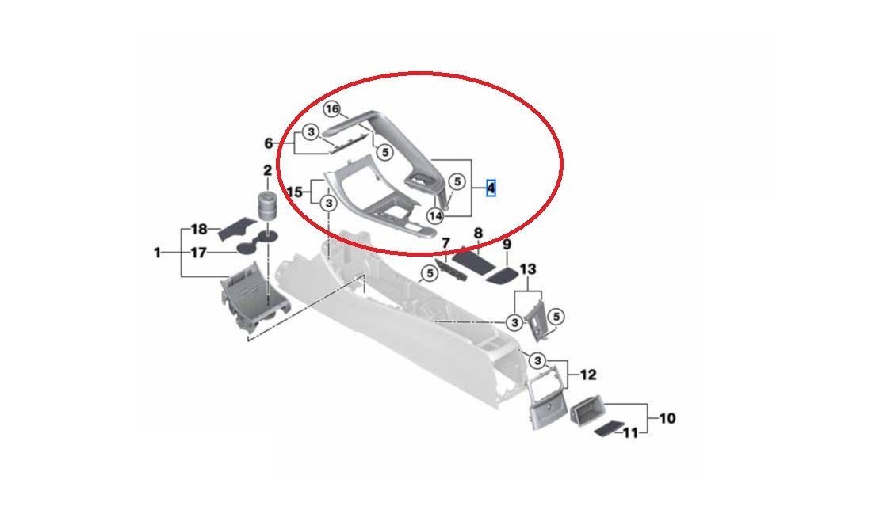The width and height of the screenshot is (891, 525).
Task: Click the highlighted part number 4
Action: point(491,188)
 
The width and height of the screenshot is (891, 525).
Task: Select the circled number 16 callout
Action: point(332,108)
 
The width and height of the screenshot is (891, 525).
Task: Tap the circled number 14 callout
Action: point(435,215)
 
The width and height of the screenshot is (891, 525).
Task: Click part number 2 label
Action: point(267,170)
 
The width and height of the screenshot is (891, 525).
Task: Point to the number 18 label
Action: point(199,230)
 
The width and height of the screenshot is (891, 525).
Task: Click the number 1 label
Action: point(158,253)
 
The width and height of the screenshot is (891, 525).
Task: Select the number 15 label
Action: point(294,192)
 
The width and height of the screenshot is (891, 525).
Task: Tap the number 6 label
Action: point(269,143)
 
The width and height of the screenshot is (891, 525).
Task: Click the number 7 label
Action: point(445,243)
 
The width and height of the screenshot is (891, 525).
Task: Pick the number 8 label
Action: point(478,233)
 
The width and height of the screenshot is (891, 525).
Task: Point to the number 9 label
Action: point(507,244)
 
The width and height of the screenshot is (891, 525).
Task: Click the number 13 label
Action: point(528,268)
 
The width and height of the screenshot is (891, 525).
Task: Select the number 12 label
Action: point(588,375)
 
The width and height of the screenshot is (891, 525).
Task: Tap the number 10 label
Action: point(667,418)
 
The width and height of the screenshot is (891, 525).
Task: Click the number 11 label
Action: point(630,433)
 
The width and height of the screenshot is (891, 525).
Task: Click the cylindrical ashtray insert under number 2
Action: point(266,206)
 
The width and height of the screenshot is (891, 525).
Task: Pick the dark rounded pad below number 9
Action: point(503,276)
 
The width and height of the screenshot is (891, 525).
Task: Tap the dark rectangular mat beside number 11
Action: point(609,428)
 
